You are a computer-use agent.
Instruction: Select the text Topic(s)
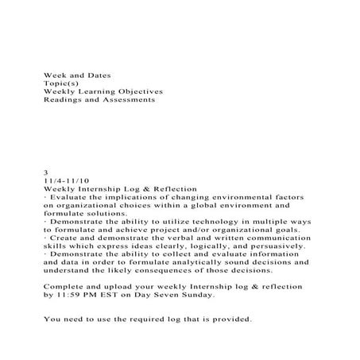click(60, 83)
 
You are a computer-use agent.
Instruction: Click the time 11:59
click(66, 294)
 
